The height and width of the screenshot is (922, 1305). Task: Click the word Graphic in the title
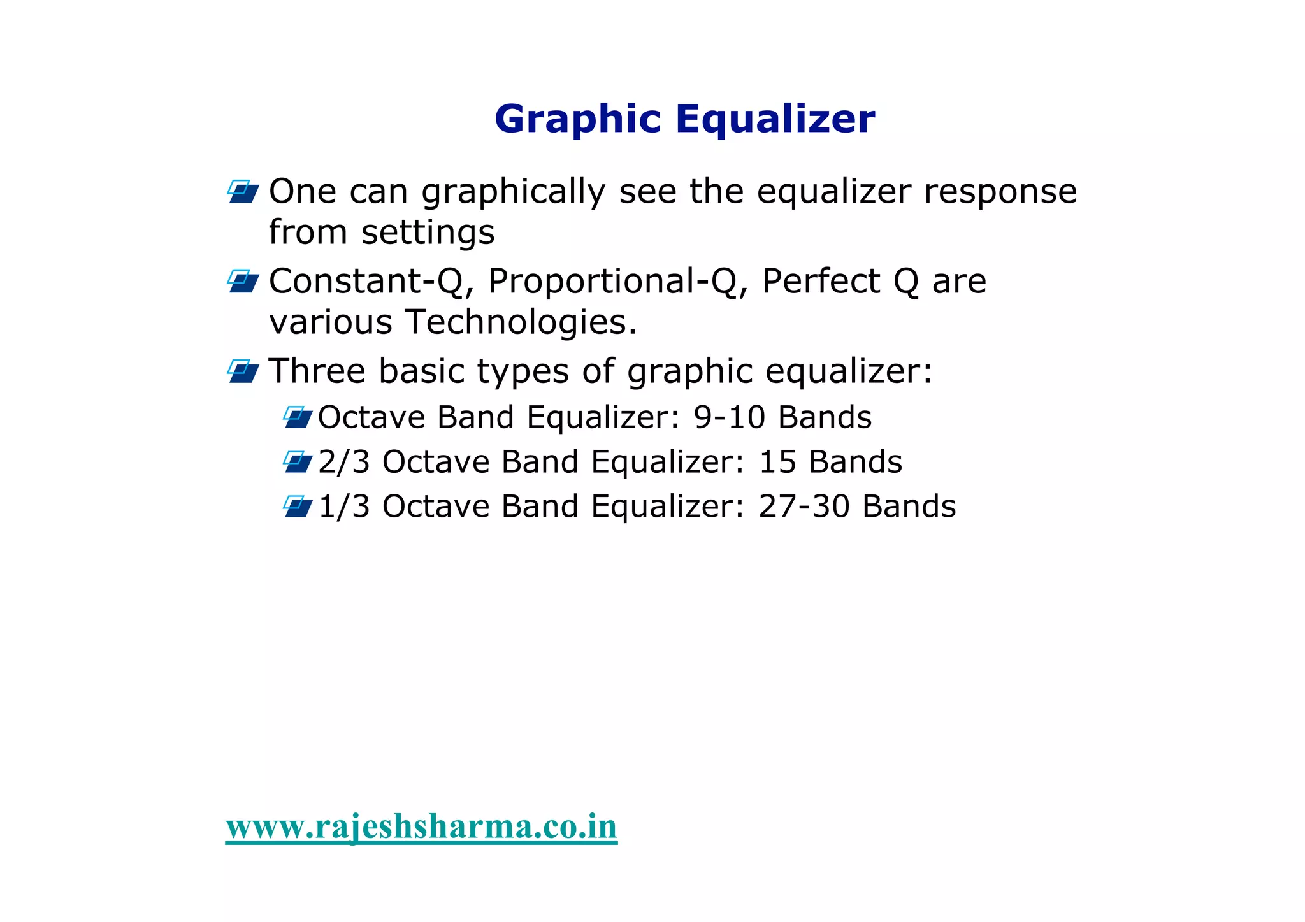pos(578,120)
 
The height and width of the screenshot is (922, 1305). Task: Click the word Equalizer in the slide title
pos(775,120)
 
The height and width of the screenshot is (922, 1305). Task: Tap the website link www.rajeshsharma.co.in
pos(421,826)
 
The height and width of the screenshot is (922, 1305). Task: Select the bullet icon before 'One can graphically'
pos(243,192)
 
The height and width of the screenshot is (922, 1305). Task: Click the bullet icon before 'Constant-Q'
pos(243,281)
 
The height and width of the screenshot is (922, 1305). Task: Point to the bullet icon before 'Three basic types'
pos(243,371)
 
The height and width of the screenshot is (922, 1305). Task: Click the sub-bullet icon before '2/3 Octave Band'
pos(298,462)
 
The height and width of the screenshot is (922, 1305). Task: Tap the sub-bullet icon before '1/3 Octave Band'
pos(298,507)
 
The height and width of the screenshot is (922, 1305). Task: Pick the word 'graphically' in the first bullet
pos(513,192)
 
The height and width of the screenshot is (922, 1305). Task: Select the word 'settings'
pos(428,233)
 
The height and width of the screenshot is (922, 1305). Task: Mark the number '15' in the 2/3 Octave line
pos(777,462)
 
